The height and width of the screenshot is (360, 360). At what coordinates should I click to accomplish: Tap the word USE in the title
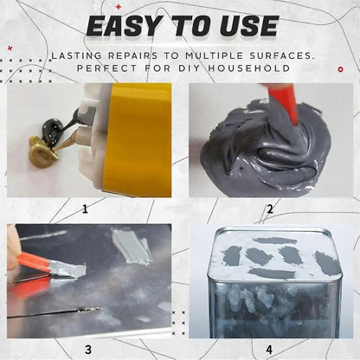[248, 26]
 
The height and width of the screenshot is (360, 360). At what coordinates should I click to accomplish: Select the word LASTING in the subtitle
[76, 55]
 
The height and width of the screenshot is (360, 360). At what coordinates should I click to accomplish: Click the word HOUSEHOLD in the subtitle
[249, 68]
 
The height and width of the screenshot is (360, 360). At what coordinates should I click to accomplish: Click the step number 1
[85, 209]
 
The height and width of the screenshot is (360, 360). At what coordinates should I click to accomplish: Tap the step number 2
[270, 209]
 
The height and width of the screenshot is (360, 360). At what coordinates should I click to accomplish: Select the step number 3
[88, 350]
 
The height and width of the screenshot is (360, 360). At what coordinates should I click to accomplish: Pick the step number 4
[269, 350]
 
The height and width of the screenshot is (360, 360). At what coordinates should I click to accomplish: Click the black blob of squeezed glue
[52, 129]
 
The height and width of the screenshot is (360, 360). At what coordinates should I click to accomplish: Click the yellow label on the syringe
[138, 140]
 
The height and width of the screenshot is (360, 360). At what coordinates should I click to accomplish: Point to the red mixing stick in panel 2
[284, 103]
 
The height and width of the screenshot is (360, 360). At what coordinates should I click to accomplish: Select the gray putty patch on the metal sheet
[132, 246]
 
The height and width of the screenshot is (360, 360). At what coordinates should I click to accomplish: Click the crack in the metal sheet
[55, 312]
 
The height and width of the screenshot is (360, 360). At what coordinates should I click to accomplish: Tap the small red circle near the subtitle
[341, 69]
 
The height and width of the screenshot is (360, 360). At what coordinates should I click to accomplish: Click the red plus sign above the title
[119, 7]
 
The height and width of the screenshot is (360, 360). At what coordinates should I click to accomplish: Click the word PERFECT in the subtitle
[106, 68]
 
